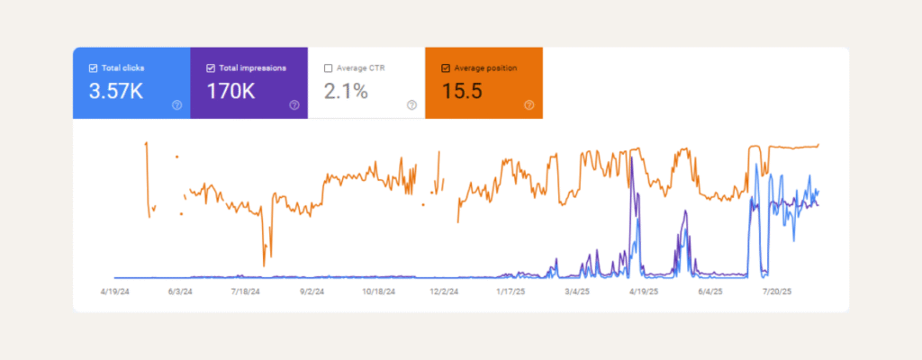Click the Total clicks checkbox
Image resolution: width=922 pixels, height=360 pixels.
tap(94, 67)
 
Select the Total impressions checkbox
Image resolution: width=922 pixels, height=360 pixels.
tap(211, 67)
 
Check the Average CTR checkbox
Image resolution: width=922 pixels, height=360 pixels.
tap(328, 67)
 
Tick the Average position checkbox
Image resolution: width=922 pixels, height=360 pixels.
tap(446, 67)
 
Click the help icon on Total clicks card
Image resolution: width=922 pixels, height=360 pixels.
tap(176, 105)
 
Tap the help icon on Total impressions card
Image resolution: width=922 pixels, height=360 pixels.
tap(294, 105)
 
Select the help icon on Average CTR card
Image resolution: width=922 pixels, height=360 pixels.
tap(411, 105)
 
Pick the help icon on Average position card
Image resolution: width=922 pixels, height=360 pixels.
tap(529, 105)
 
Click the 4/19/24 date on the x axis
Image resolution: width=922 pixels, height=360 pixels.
tap(117, 292)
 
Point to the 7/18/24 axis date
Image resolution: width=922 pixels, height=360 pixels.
tap(246, 292)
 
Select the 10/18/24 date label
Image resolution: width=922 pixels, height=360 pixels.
tap(378, 292)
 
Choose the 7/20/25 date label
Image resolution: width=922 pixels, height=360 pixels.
tap(774, 292)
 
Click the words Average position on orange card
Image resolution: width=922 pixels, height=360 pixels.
tap(485, 67)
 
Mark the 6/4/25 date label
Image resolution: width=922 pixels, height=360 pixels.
tap(709, 292)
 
